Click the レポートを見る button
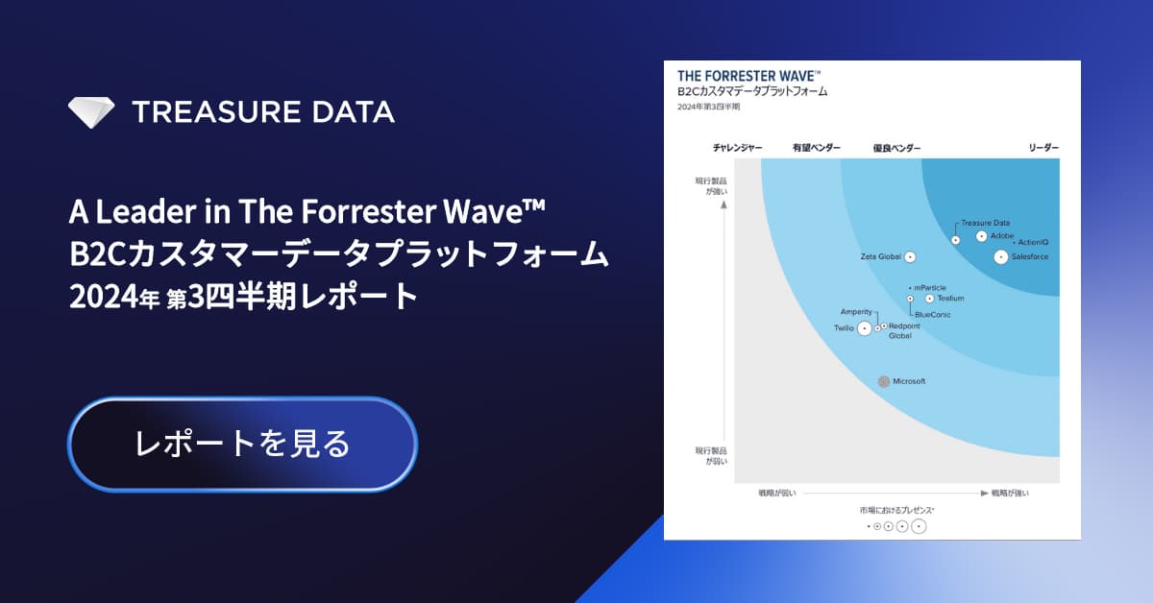[x=242, y=444]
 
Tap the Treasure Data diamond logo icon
[x=91, y=111]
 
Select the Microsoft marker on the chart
[x=885, y=381]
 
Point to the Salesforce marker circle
[x=1001, y=256]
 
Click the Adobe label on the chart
[x=1002, y=236]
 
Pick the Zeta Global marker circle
[x=909, y=256]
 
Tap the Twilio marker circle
[x=864, y=328]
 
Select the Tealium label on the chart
[x=949, y=299]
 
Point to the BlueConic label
[x=932, y=315]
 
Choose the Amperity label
[x=856, y=312]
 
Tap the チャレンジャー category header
[x=737, y=148]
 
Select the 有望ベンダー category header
[x=816, y=148]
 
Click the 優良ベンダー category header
[x=896, y=148]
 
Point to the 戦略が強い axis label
[x=1010, y=494]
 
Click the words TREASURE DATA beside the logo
[x=262, y=111]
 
